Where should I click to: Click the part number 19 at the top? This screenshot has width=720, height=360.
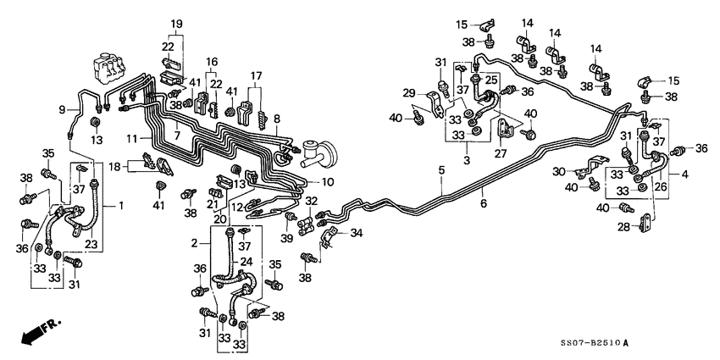tap(176, 23)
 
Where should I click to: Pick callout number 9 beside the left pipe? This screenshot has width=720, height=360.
tap(62, 108)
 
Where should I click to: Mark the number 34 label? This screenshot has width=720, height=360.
tap(356, 234)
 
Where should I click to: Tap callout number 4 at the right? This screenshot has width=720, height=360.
tap(684, 174)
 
